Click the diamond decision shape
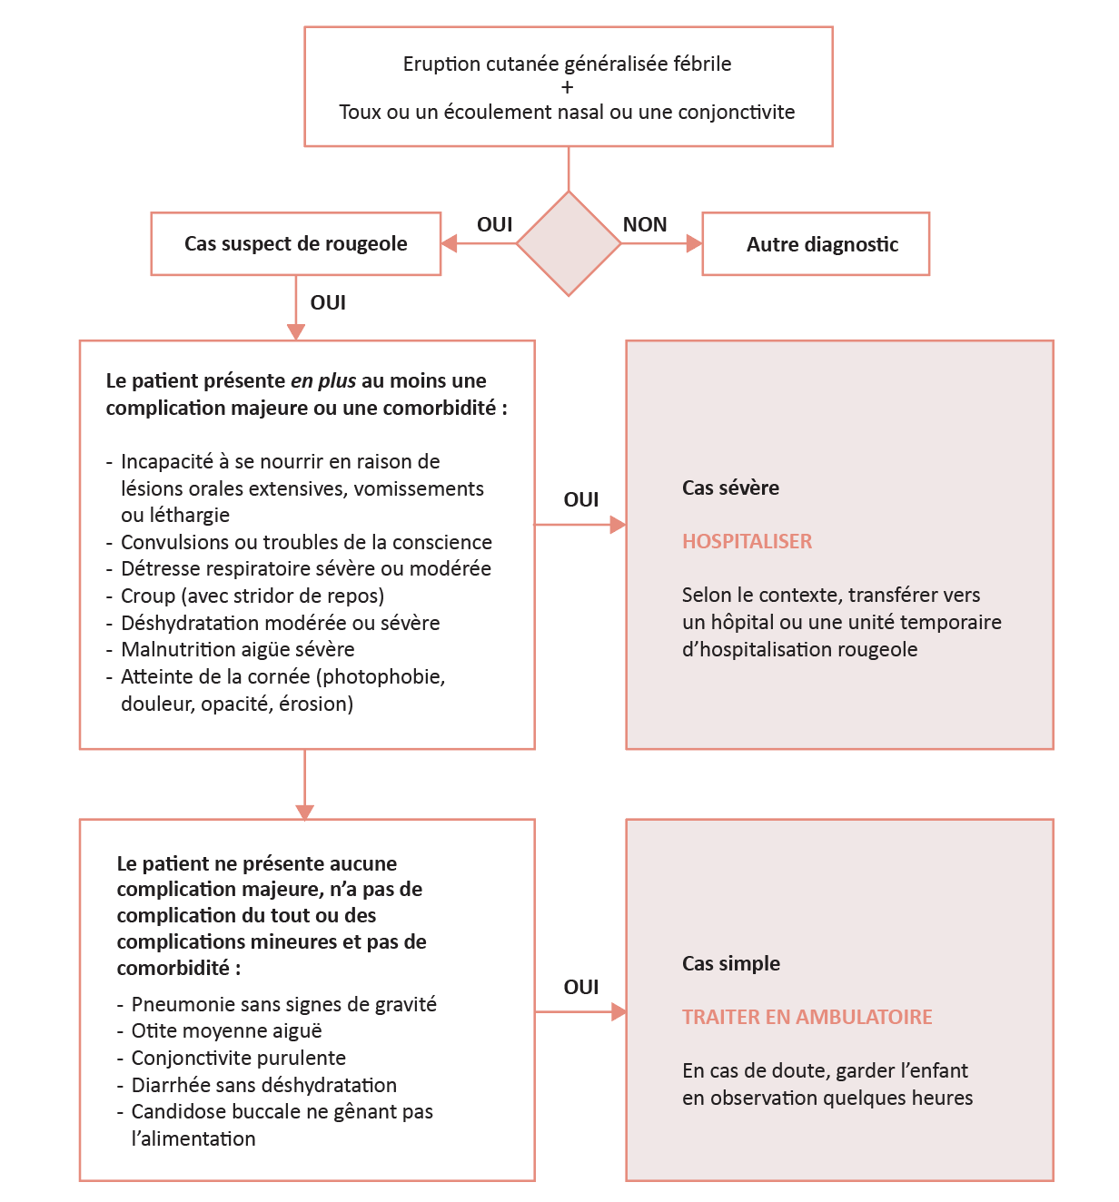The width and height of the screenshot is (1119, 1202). (x=569, y=243)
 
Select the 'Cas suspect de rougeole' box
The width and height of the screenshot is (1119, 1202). (x=296, y=243)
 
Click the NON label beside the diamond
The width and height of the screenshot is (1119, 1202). (x=645, y=224)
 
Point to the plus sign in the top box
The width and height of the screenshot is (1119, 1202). (x=568, y=88)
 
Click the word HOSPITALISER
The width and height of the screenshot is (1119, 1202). (x=747, y=541)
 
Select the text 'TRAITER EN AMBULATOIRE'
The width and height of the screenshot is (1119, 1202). (x=807, y=1017)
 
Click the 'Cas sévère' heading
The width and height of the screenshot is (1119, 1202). (x=730, y=488)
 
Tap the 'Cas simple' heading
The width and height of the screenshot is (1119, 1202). (x=730, y=963)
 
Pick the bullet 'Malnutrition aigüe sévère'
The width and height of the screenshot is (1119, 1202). (x=237, y=649)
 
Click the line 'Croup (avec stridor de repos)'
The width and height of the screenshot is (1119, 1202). (x=253, y=596)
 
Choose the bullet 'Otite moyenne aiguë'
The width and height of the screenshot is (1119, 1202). (x=226, y=1030)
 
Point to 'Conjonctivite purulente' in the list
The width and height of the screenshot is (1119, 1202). (x=238, y=1058)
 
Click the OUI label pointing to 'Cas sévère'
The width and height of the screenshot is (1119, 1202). (x=581, y=499)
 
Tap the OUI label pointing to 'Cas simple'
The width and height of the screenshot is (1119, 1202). (x=581, y=987)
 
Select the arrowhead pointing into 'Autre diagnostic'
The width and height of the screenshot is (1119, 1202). (x=694, y=243)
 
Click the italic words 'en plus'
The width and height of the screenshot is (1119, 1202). (x=323, y=380)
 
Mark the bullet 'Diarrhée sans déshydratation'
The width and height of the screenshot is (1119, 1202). (x=263, y=1085)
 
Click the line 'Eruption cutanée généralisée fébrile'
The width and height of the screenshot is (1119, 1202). (x=567, y=64)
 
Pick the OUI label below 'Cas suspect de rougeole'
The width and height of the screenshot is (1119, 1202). (x=328, y=302)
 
